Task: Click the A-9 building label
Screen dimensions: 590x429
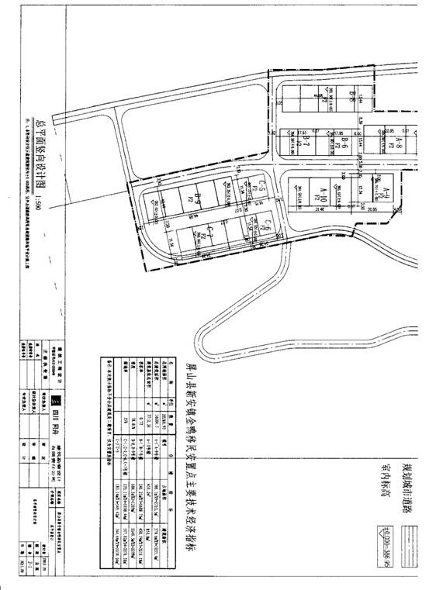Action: (x=394, y=189)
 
